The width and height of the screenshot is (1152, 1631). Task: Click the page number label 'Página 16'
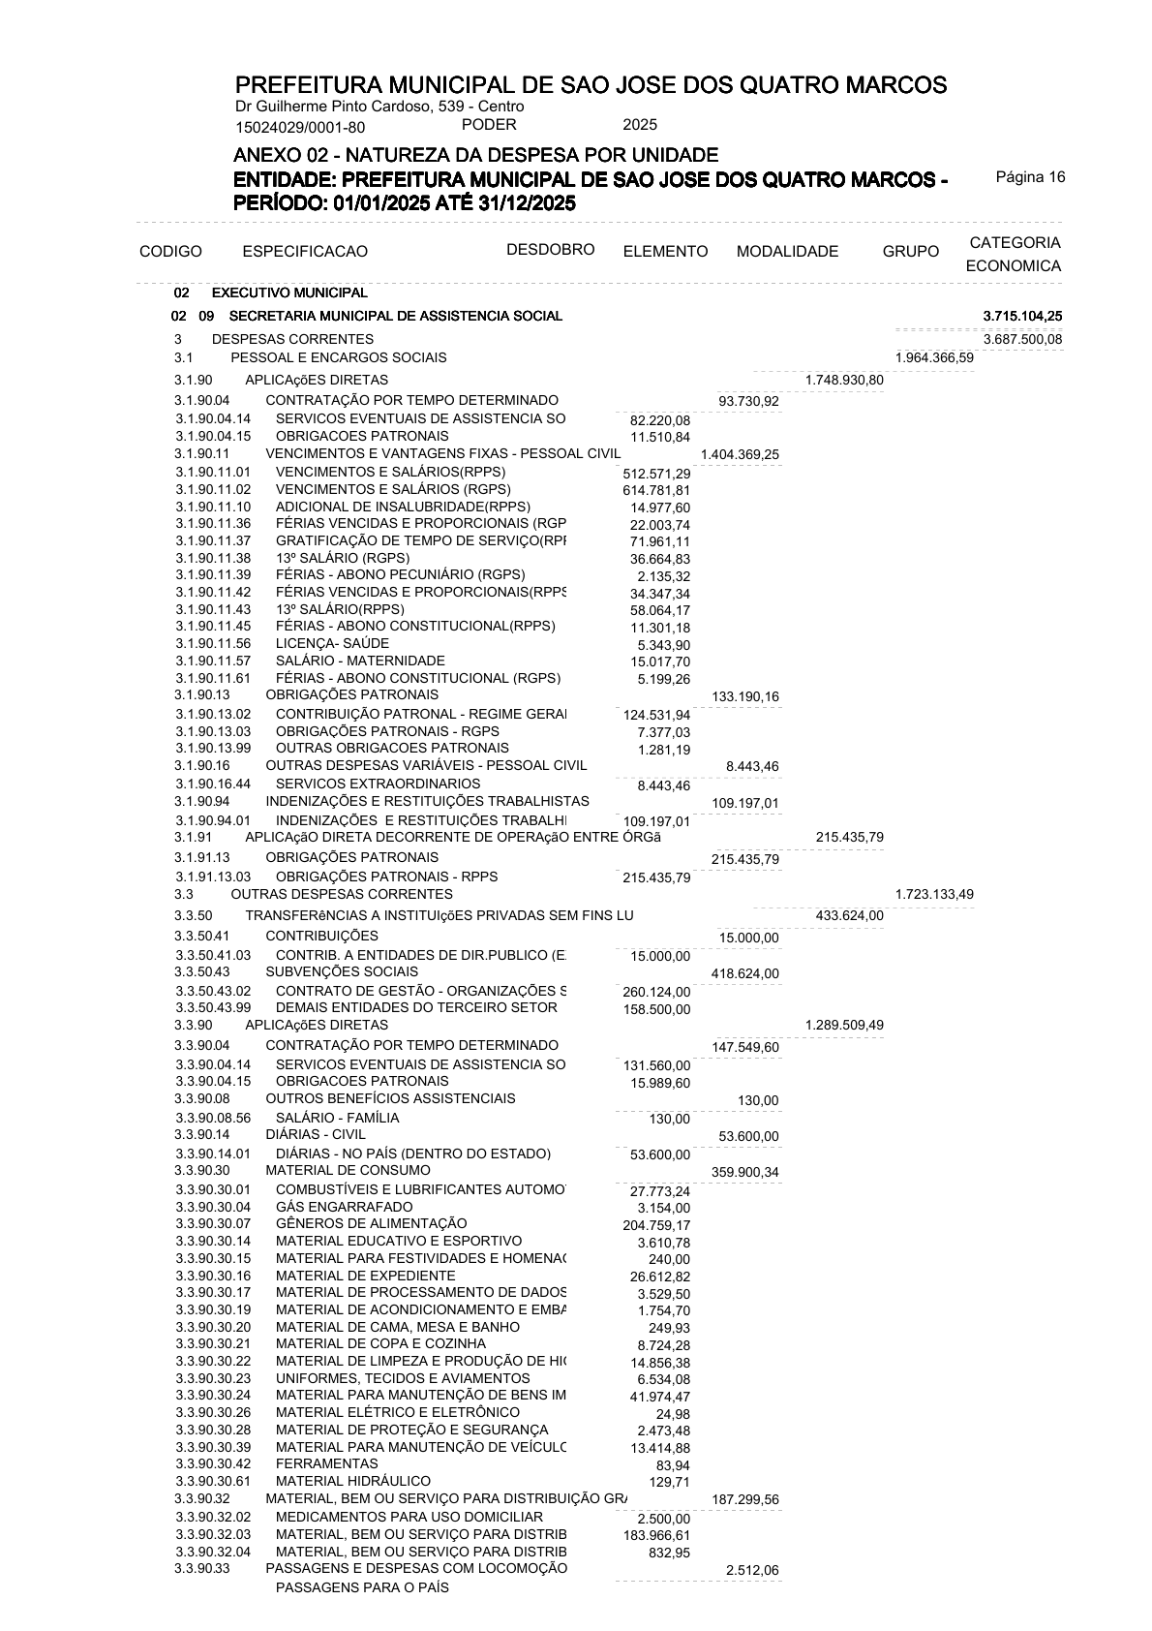click(1030, 176)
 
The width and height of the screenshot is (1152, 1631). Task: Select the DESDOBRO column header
click(550, 249)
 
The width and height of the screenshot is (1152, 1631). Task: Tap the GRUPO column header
click(910, 252)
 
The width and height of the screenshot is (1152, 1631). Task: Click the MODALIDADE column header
click(787, 252)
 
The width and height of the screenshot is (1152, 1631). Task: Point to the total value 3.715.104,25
click(1022, 316)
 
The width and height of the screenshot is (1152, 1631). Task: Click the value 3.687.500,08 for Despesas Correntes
click(1022, 339)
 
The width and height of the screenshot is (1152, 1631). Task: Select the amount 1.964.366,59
click(934, 358)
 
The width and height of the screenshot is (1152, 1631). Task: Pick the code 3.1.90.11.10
click(213, 507)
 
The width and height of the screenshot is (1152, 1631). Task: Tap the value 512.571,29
click(656, 474)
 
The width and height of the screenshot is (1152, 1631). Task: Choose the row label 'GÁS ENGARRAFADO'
click(344, 1207)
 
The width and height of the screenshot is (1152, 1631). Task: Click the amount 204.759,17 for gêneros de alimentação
click(656, 1225)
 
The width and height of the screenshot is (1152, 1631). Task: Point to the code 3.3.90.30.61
click(213, 1481)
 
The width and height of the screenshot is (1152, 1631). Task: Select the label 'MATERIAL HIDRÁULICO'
click(353, 1481)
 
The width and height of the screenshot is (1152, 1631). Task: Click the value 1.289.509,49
click(844, 1025)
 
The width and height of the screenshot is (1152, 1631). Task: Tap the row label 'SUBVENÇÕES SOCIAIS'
click(342, 971)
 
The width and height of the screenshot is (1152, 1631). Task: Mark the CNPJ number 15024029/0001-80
click(300, 127)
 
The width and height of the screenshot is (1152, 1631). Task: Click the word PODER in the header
click(489, 125)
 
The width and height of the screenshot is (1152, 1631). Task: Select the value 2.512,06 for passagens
click(752, 1570)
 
